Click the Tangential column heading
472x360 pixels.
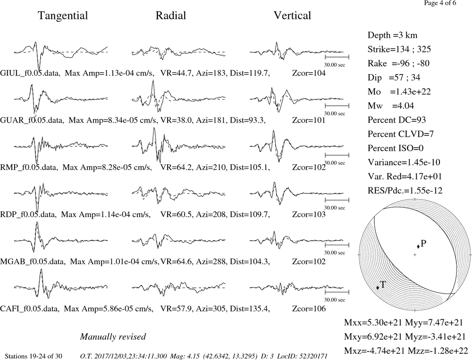click(63, 16)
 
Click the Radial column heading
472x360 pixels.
click(171, 16)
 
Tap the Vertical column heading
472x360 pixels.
click(292, 16)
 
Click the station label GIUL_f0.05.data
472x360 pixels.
click(29, 73)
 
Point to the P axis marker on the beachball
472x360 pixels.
click(418, 246)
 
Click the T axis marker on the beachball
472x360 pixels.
click(378, 287)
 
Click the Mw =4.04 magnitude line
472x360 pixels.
click(391, 106)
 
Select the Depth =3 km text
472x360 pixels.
click(392, 35)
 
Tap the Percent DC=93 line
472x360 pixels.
click(397, 120)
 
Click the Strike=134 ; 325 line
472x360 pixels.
click(399, 50)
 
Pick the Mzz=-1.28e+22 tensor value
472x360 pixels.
click(438, 351)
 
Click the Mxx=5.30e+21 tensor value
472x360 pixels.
click(373, 323)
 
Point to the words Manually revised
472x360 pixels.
click(113, 336)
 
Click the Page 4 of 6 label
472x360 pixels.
click(440, 3)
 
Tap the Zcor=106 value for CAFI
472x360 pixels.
click(309, 309)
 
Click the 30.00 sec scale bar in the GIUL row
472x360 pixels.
click(337, 57)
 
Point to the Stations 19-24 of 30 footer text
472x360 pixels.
click(34, 356)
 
